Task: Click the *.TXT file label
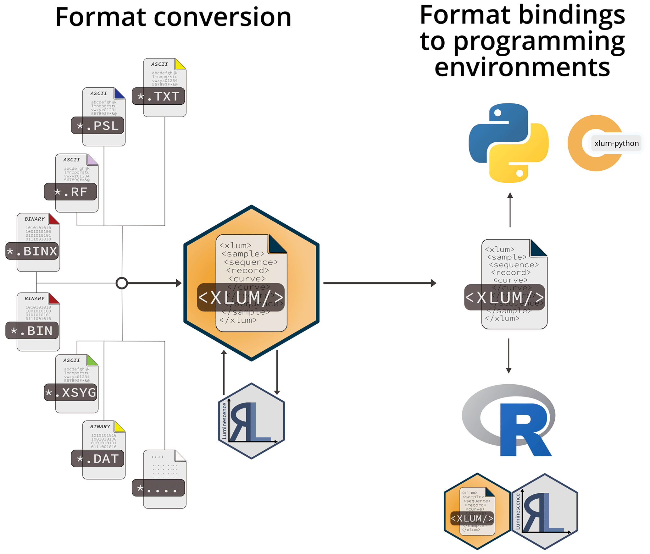point(158,96)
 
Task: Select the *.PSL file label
point(97,126)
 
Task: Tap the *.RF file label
point(70,192)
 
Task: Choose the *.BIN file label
point(32,331)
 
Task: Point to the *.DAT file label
point(97,459)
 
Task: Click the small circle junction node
point(122,283)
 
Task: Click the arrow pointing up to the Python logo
point(510,209)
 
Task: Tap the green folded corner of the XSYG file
point(92,360)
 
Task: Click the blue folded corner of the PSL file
point(119,94)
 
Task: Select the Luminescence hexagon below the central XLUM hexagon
point(252,421)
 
